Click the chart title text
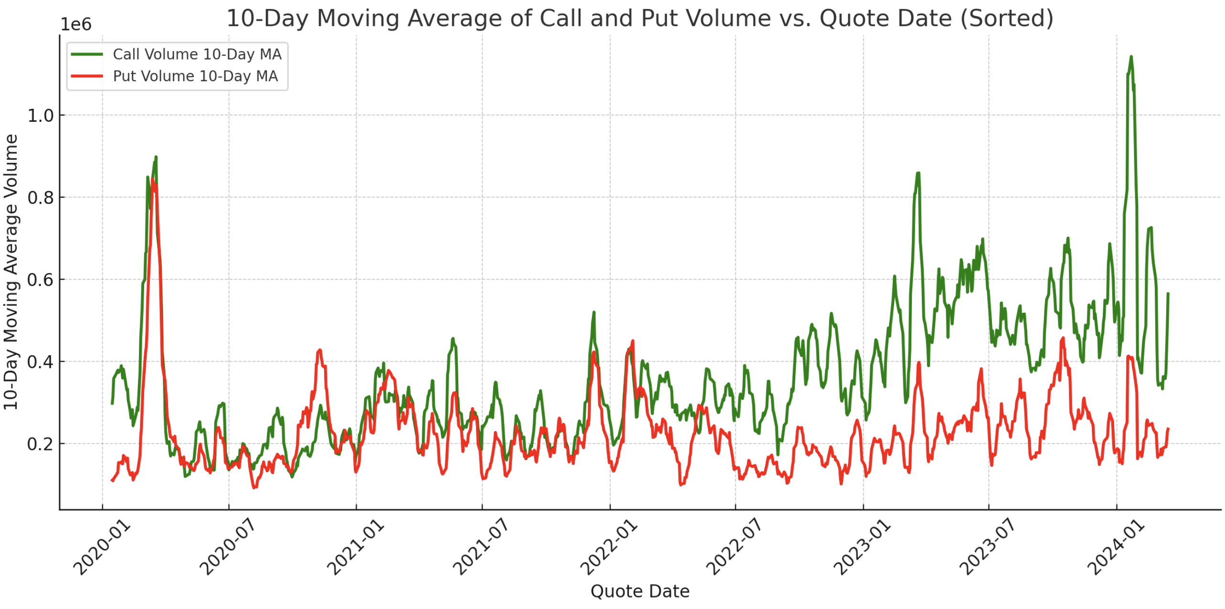coord(639,18)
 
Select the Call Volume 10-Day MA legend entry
coord(197,54)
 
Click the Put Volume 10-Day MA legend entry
coord(195,76)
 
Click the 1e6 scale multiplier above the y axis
coord(75,24)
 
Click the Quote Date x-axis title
coord(639,591)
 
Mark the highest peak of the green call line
coord(1131,57)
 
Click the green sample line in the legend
coord(86,54)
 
